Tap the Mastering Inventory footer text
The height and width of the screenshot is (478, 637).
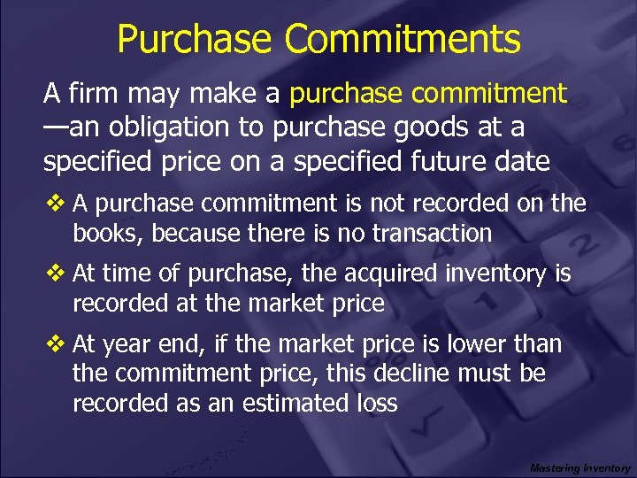click(580, 467)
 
